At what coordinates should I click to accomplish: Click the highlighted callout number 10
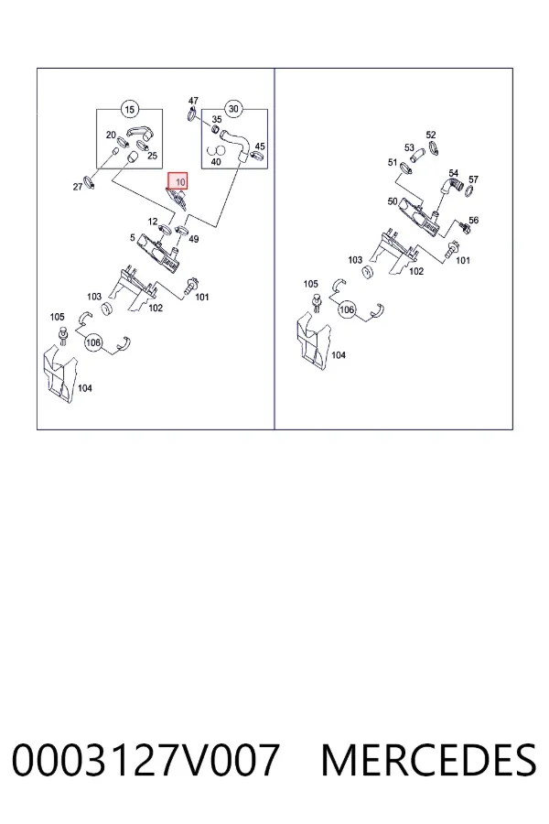pyautogui.click(x=178, y=181)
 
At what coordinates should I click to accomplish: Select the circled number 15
pyautogui.click(x=129, y=109)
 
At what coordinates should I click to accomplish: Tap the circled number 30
pyautogui.click(x=233, y=109)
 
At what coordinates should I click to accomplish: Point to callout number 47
pyautogui.click(x=193, y=101)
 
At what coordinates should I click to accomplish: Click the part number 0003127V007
pyautogui.click(x=145, y=760)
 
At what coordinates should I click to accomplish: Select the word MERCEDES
pyautogui.click(x=429, y=760)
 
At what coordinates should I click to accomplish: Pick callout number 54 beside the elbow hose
pyautogui.click(x=454, y=173)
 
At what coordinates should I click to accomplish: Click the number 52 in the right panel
pyautogui.click(x=431, y=136)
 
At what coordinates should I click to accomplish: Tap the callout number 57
pyautogui.click(x=473, y=179)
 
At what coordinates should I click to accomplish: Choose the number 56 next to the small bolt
pyautogui.click(x=473, y=220)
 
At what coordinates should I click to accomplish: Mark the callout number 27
pyautogui.click(x=78, y=187)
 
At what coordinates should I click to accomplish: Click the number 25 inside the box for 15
pyautogui.click(x=153, y=156)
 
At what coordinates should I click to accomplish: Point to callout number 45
pyautogui.click(x=260, y=146)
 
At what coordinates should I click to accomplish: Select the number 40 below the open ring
pyautogui.click(x=215, y=162)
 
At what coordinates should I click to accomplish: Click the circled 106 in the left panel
pyautogui.click(x=93, y=342)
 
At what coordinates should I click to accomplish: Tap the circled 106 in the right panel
pyautogui.click(x=347, y=309)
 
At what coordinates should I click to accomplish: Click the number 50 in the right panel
pyautogui.click(x=393, y=201)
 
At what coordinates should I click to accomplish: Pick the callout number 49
pyautogui.click(x=194, y=239)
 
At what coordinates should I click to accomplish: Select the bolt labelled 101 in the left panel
pyautogui.click(x=190, y=286)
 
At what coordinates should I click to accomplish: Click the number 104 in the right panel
pyautogui.click(x=339, y=355)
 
